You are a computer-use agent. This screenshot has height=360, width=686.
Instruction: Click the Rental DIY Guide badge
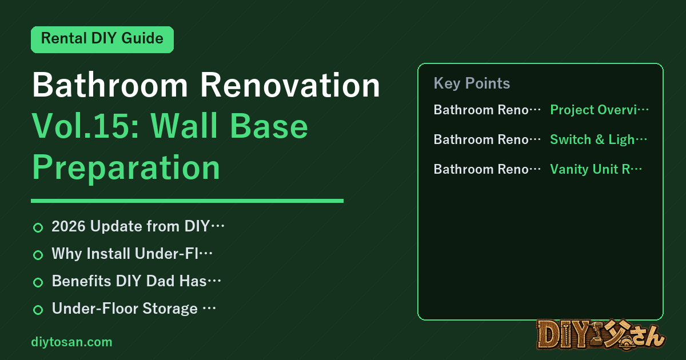[x=102, y=39]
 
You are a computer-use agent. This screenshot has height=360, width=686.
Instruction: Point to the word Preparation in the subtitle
[x=126, y=167]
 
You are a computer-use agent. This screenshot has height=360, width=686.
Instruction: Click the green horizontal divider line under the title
[x=187, y=201]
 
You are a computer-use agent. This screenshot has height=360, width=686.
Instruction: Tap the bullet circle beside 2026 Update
[x=38, y=227]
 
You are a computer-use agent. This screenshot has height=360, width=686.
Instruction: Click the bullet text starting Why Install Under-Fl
[x=132, y=254]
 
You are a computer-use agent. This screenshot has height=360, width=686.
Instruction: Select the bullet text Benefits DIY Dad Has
[x=136, y=281]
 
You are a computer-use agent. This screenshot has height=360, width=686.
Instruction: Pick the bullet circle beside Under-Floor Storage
[x=38, y=310]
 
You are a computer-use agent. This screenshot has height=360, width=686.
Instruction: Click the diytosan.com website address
[x=71, y=342]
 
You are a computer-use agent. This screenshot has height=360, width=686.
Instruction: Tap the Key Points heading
[x=472, y=83]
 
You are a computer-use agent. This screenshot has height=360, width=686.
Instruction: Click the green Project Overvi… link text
[x=599, y=110]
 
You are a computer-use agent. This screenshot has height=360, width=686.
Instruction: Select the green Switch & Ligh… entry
[x=599, y=139]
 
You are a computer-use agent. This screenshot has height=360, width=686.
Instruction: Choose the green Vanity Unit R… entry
[x=596, y=169]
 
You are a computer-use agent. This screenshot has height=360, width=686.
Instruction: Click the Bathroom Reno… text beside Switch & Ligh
[x=487, y=139]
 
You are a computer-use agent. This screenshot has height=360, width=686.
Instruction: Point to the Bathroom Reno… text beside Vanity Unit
[x=487, y=169]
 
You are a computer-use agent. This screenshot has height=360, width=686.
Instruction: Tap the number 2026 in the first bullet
[x=69, y=226]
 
